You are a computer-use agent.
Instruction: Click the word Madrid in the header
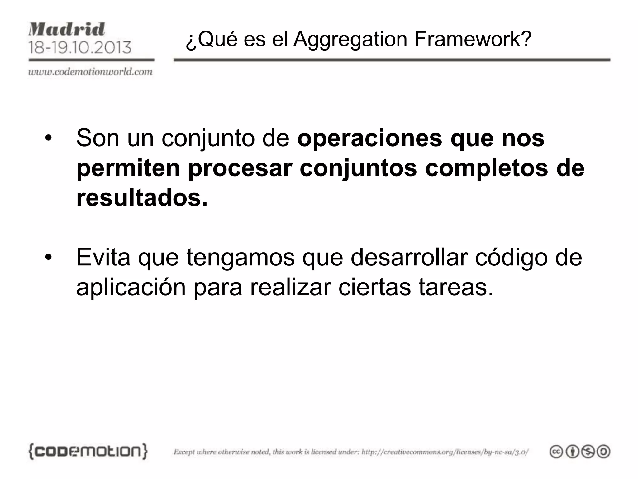coord(67,30)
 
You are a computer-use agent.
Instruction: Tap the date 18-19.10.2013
coord(80,48)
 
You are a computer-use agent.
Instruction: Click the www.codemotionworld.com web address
coord(90,72)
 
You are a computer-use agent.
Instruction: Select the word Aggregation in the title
coord(350,40)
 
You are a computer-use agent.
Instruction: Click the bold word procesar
coord(240,168)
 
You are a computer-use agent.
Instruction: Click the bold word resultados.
coord(142,198)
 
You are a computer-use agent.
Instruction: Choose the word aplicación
coord(131,288)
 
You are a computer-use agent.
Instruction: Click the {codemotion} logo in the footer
coord(88,451)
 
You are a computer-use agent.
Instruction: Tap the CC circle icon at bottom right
coord(556,452)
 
